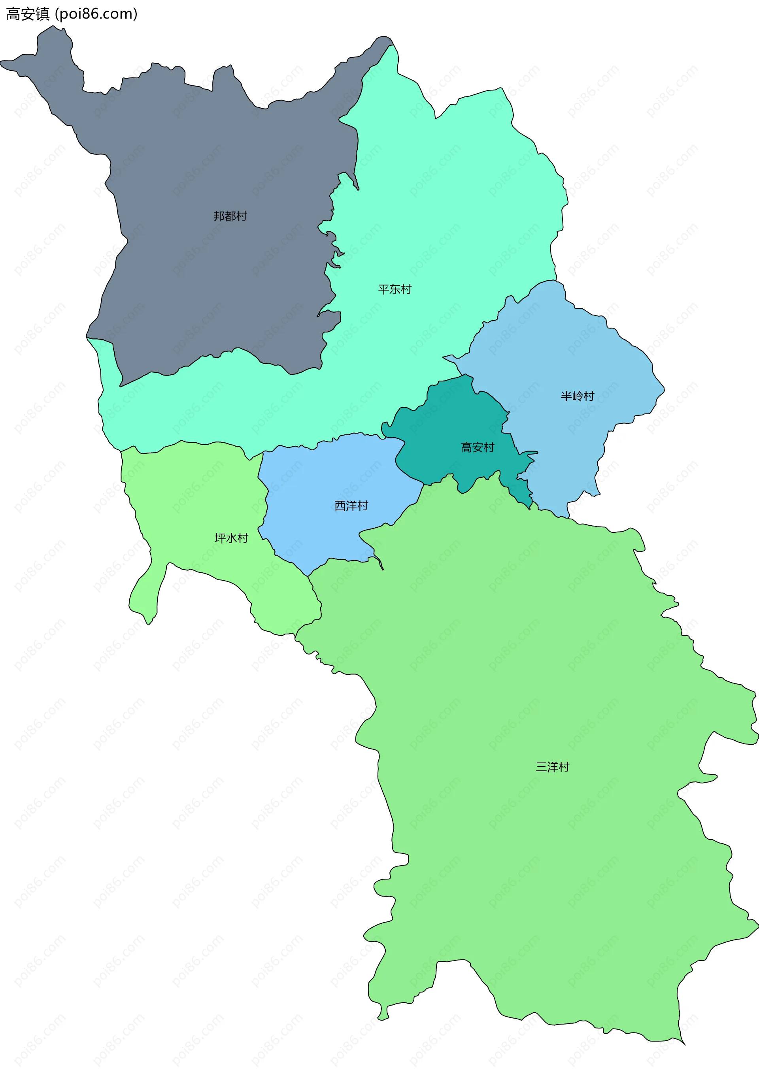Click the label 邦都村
(x=230, y=216)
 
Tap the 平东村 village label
(x=395, y=290)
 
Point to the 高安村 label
(x=477, y=447)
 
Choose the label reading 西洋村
(x=351, y=506)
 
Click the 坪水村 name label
(x=231, y=538)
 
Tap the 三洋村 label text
(x=552, y=767)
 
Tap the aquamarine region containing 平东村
(x=444, y=210)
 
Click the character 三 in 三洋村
(x=541, y=767)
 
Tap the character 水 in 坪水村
(x=231, y=538)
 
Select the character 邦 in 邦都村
(x=219, y=216)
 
